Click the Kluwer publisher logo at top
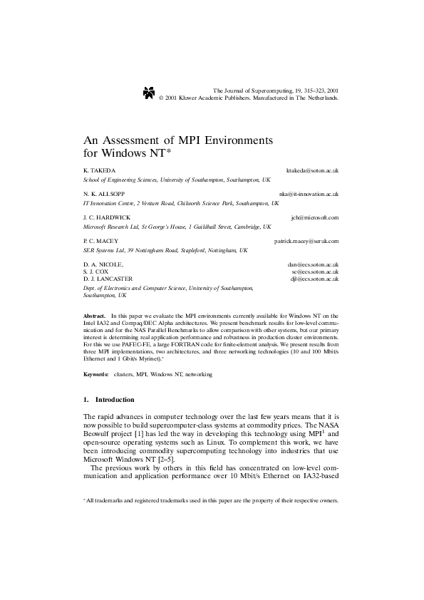[x=148, y=92]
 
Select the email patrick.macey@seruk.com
[x=306, y=242]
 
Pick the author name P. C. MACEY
[x=101, y=242]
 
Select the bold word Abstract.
[x=94, y=315]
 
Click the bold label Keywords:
[x=96, y=374]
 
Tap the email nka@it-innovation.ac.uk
[x=309, y=194]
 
